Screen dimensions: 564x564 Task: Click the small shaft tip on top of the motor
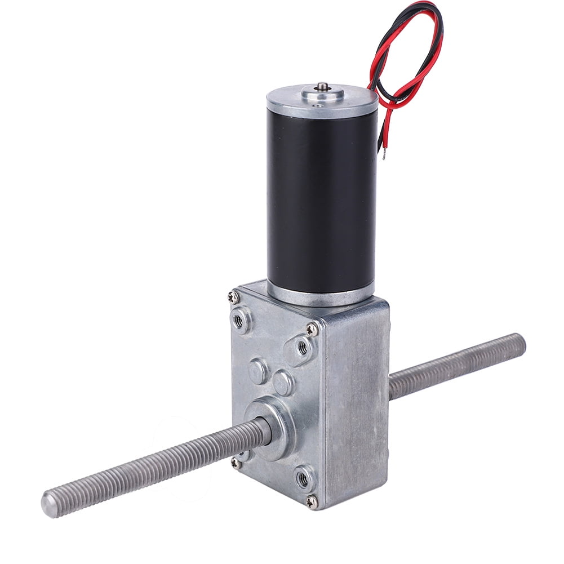(x=323, y=86)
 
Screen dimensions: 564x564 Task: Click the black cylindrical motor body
(x=321, y=197)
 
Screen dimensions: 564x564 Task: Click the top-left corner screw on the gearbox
(x=232, y=295)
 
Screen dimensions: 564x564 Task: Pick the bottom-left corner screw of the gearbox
(x=234, y=462)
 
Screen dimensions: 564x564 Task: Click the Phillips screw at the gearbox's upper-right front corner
(x=312, y=329)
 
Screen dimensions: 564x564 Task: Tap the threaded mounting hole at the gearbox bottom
(x=303, y=479)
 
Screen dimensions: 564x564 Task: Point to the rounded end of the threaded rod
(x=48, y=503)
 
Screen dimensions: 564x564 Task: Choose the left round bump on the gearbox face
(x=259, y=370)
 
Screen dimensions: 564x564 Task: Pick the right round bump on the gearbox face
(x=283, y=384)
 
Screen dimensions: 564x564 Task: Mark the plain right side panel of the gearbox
(x=361, y=406)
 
